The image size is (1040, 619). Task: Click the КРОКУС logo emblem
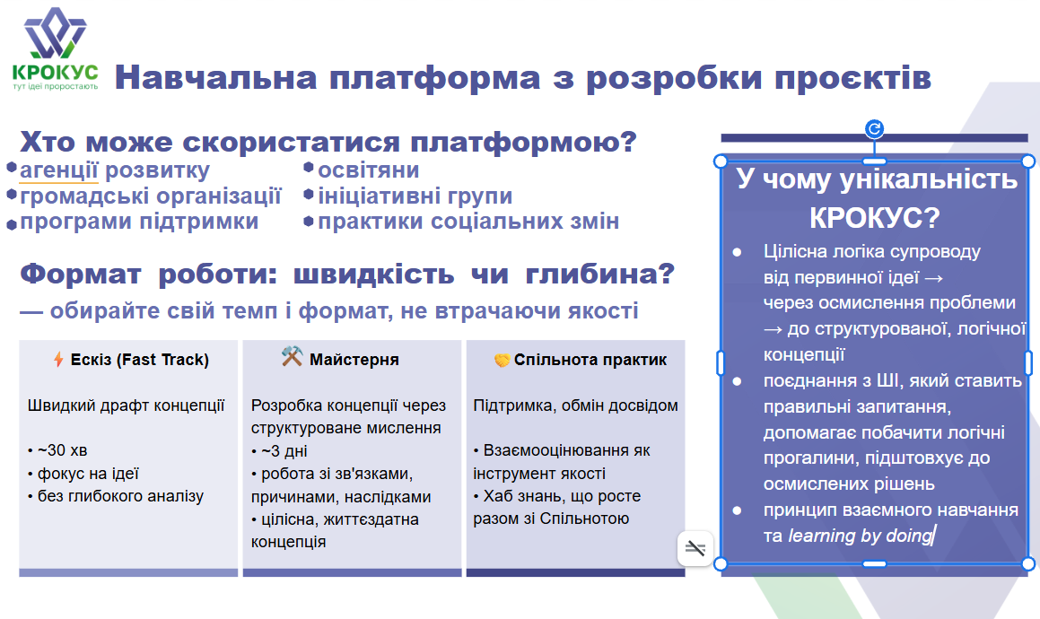[x=55, y=33]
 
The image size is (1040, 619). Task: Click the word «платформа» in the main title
[x=435, y=77]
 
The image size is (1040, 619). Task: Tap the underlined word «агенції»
[x=59, y=170]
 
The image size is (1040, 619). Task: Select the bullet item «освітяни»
[x=368, y=170]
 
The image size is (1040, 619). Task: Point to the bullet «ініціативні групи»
[x=415, y=196]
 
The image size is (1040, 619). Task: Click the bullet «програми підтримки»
[x=139, y=221]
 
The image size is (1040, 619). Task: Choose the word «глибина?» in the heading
[x=599, y=274]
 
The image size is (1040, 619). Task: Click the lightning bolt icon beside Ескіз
[x=58, y=359]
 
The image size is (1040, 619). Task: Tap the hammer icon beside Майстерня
[x=292, y=356]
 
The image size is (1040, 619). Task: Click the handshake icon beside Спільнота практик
[x=503, y=361]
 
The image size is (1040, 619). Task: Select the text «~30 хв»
[x=62, y=450]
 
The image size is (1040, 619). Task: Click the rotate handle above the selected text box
[x=874, y=128]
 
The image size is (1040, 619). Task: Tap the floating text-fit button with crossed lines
[x=695, y=548]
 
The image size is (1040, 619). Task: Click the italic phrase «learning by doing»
[x=861, y=536]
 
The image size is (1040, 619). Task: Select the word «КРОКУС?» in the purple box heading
[x=874, y=218]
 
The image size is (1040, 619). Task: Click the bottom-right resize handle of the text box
[x=1028, y=564]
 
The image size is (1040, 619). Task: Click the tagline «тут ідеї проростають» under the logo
[x=55, y=86]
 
